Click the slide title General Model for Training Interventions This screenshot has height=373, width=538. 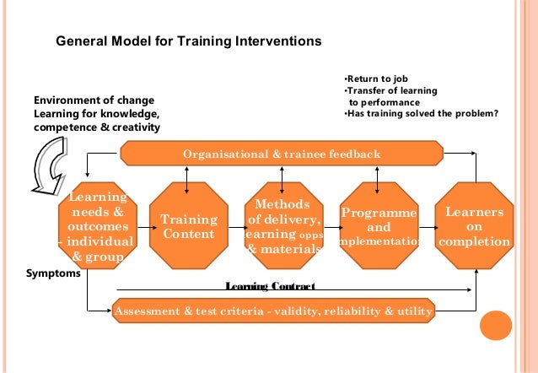pos(188,40)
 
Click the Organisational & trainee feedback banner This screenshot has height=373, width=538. pos(282,154)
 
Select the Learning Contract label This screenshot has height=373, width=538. pos(270,287)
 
